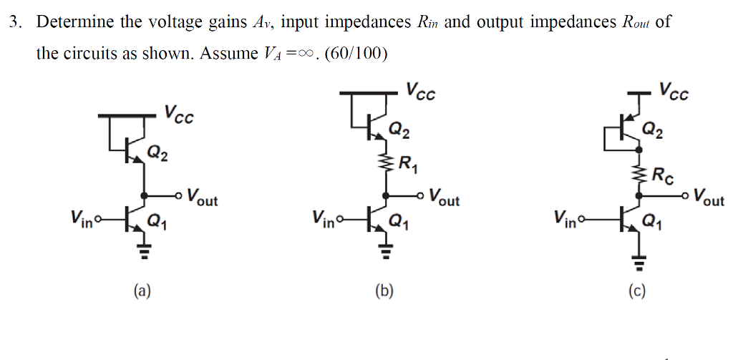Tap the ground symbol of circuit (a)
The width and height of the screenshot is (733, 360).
(144, 250)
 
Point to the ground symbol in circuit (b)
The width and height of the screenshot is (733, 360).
(387, 250)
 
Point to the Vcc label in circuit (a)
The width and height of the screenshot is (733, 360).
(178, 114)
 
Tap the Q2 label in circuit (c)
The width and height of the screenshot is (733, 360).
(652, 130)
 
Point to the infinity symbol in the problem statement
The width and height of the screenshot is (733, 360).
(305, 54)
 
